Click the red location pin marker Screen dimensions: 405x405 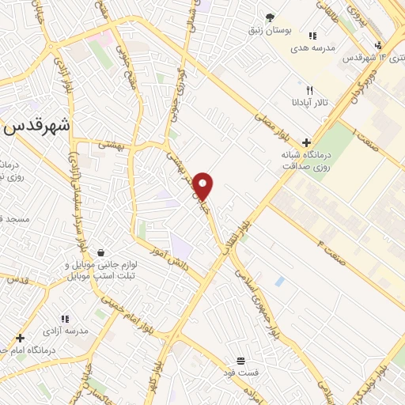tap(204, 186)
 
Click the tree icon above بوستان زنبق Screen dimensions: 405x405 tap(270, 17)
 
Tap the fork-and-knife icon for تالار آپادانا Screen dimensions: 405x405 tap(309, 90)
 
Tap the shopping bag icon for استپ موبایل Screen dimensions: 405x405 tap(101, 252)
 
